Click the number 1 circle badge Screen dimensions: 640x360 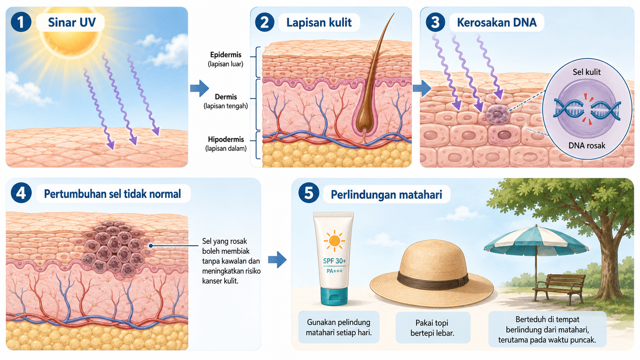21,22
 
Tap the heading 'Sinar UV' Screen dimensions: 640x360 72,22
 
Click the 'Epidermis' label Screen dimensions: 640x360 226,55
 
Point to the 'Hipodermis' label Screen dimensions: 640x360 226,139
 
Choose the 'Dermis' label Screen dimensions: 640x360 226,97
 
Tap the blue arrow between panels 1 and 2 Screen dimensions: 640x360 199,88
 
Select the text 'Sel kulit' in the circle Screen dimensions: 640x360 586,72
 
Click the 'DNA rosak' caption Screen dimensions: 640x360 587,146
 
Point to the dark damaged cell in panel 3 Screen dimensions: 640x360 498,114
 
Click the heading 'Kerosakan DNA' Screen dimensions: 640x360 497,22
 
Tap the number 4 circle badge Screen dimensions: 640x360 21,193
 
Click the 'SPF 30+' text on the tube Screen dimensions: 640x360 335,261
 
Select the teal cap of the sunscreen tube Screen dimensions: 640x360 334,296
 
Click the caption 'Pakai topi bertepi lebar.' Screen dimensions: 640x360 432,328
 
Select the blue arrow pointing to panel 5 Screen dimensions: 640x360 277,259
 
